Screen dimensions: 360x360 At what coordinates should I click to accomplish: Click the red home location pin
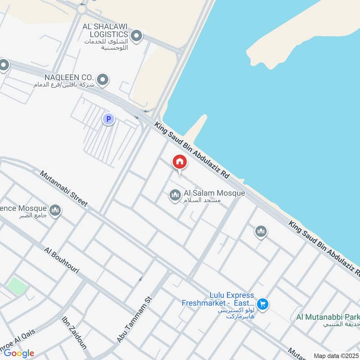[180, 162]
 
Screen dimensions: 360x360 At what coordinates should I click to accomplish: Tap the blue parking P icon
[108, 119]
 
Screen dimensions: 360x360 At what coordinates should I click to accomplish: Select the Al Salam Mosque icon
[175, 195]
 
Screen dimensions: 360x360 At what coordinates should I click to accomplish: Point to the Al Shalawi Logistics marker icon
[136, 35]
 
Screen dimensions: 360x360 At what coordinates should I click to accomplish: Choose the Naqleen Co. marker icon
[103, 80]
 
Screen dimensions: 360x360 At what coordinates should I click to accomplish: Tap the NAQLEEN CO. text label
[69, 77]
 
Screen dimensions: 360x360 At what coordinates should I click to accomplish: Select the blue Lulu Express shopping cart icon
[263, 305]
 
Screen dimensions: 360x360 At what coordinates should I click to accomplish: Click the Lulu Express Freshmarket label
[218, 299]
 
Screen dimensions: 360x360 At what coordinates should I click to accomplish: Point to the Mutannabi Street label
[63, 189]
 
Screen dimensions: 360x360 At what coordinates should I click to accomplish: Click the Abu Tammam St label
[135, 320]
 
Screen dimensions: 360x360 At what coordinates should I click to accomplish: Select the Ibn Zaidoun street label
[74, 333]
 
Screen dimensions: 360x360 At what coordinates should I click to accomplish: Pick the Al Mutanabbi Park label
[328, 317]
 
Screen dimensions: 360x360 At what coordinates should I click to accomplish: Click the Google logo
[19, 353]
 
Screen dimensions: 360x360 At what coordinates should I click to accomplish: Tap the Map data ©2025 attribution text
[335, 355]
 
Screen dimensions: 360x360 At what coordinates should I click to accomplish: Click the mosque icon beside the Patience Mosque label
[55, 210]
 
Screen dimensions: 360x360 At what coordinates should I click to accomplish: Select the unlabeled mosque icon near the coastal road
[261, 232]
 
